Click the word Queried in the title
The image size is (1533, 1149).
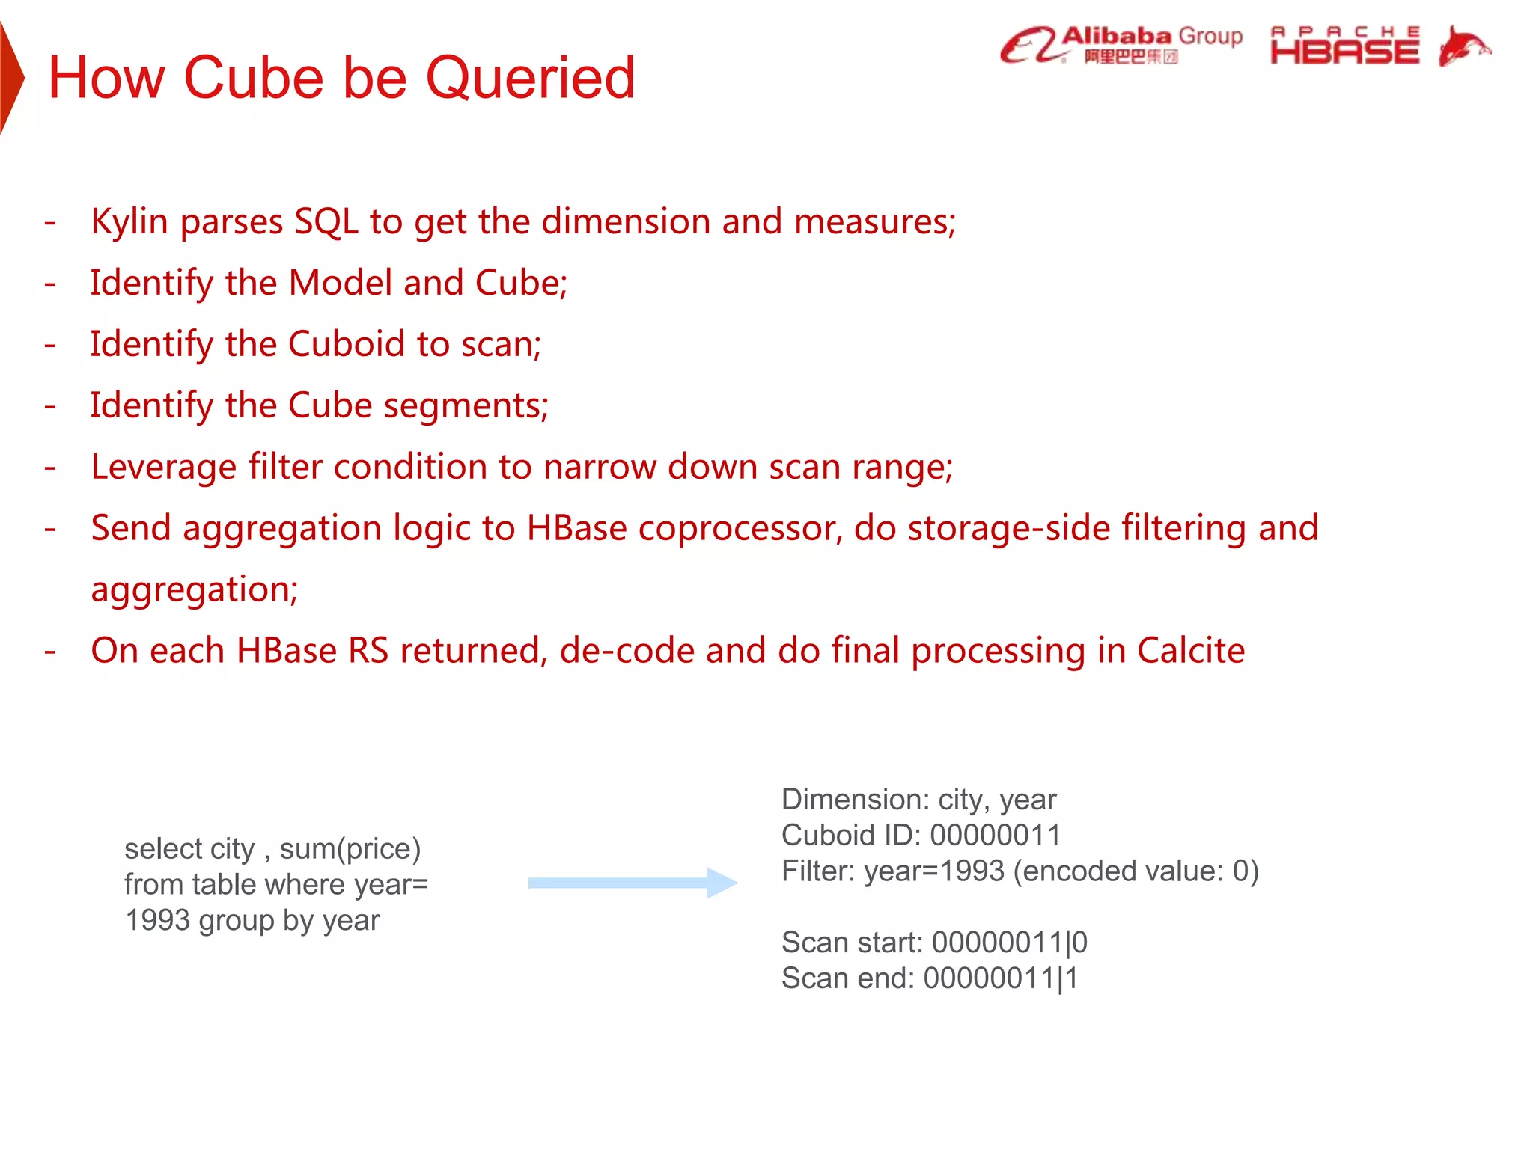point(530,79)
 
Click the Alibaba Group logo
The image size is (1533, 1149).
point(1121,45)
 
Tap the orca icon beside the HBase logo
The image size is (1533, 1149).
point(1463,46)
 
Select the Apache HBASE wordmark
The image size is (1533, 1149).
point(1344,46)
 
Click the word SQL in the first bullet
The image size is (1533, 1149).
point(326,222)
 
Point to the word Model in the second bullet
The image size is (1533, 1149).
point(340,284)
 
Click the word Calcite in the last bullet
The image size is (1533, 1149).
point(1190,651)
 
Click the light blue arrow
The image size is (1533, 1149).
point(633,883)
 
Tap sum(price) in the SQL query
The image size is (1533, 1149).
point(350,849)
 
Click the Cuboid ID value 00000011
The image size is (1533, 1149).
point(995,836)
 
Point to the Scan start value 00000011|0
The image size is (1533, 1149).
point(1009,943)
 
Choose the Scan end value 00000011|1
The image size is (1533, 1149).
point(1001,978)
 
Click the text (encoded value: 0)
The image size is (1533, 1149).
point(1136,871)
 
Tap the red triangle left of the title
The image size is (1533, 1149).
point(10,78)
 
